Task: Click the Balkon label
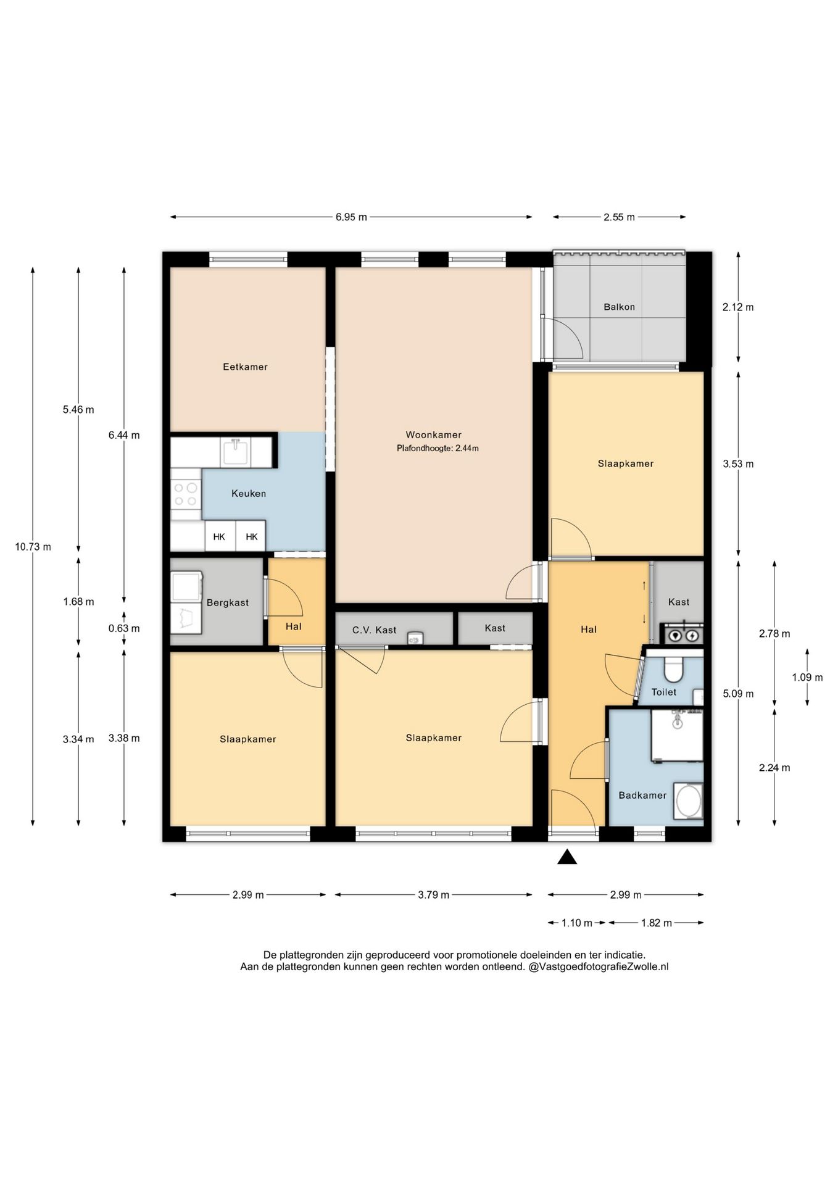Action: click(619, 307)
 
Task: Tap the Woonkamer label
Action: click(433, 434)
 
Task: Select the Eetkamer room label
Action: click(245, 367)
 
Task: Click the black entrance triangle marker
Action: click(567, 857)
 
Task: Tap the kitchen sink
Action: click(235, 452)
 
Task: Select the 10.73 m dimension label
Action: click(33, 547)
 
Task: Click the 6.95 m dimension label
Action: click(351, 217)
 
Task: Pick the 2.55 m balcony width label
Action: click(619, 217)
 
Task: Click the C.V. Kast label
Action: click(375, 630)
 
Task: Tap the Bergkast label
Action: click(228, 602)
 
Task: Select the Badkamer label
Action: click(642, 795)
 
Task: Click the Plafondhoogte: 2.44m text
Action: click(438, 449)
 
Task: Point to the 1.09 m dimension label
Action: click(807, 678)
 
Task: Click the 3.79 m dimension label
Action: click(433, 895)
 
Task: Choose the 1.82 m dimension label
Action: click(656, 923)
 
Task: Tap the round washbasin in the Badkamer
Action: click(688, 801)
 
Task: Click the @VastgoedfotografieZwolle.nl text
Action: click(599, 967)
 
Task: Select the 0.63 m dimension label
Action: click(124, 629)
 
